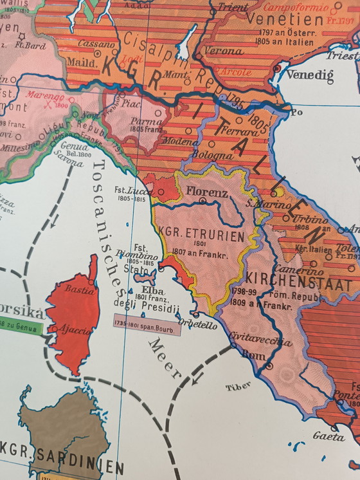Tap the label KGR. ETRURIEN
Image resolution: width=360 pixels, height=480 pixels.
click(x=205, y=236)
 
